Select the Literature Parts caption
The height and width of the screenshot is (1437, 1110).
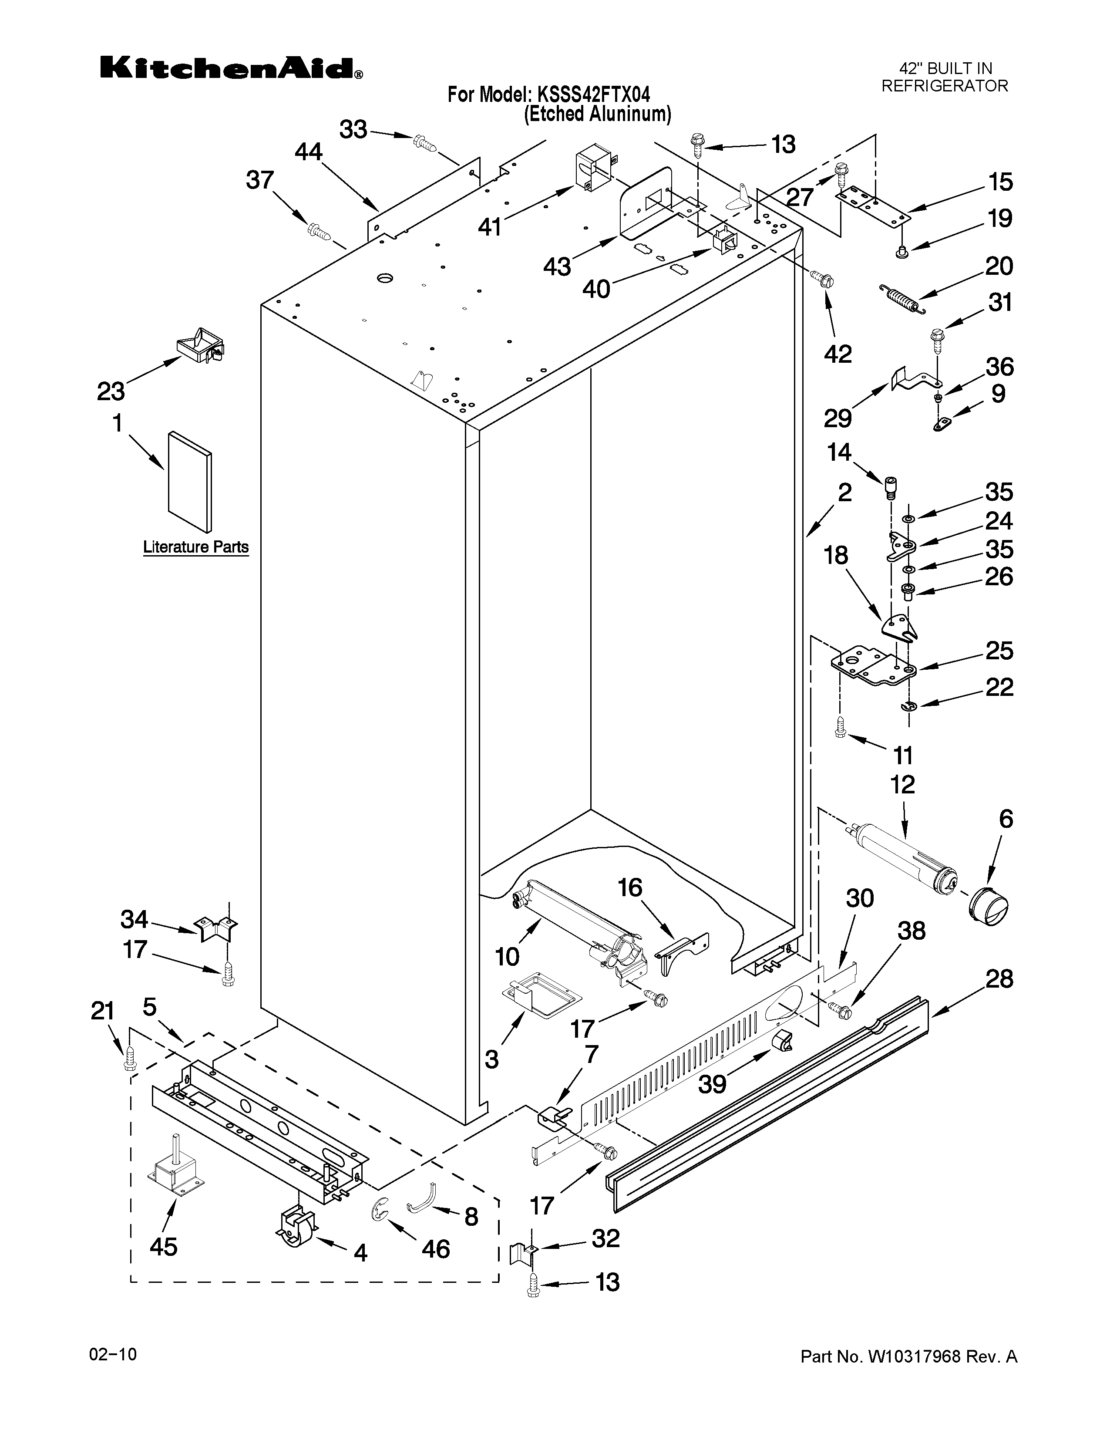tap(196, 547)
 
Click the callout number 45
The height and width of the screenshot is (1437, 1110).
tap(163, 1246)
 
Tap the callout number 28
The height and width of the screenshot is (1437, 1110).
tap(999, 979)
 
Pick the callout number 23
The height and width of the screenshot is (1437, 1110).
tap(111, 391)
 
